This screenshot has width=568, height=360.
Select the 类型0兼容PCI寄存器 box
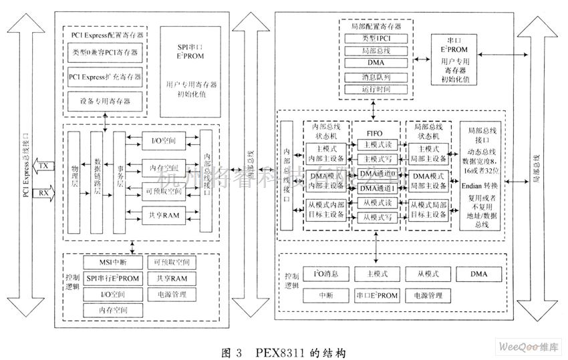point(104,51)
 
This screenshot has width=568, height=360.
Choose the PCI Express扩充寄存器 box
point(104,77)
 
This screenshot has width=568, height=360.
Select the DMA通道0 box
point(378,174)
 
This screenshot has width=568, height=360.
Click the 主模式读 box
point(378,144)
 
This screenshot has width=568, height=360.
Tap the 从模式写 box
point(378,217)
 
